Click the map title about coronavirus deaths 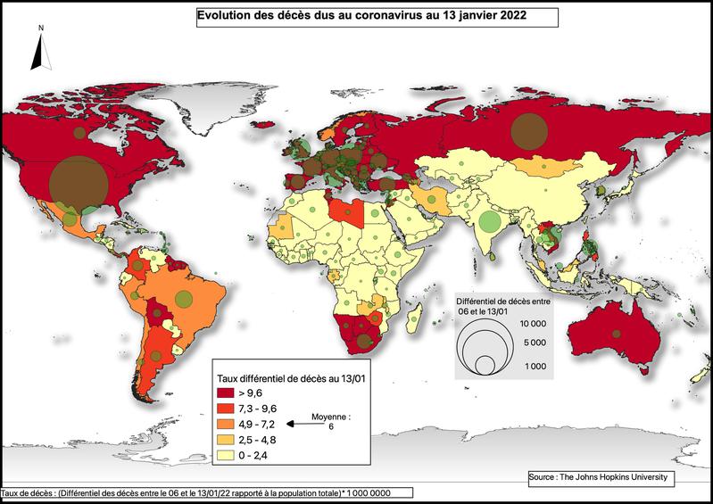(x=377, y=16)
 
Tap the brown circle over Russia (x=526, y=130)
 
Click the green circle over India (x=488, y=220)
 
